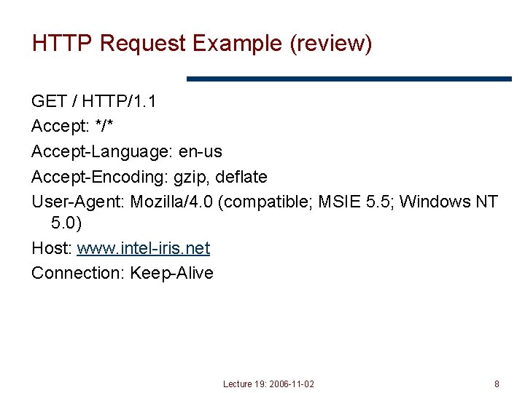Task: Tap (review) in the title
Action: coord(331,44)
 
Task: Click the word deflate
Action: coord(241,177)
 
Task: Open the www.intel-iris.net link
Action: coord(143,249)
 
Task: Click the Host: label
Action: coord(51,249)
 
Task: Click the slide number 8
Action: coord(497,384)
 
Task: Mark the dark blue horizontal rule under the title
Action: coord(349,79)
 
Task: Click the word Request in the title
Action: coord(143,44)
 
